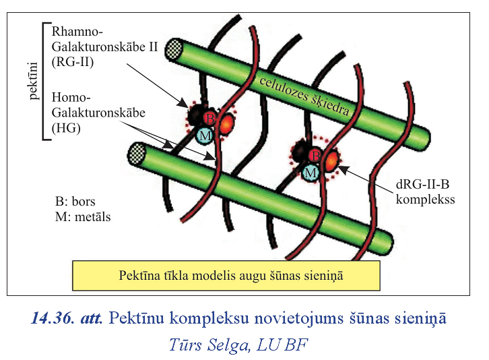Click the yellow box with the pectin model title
point(226,274)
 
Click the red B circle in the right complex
point(314,156)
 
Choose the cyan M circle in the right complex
point(310,173)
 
